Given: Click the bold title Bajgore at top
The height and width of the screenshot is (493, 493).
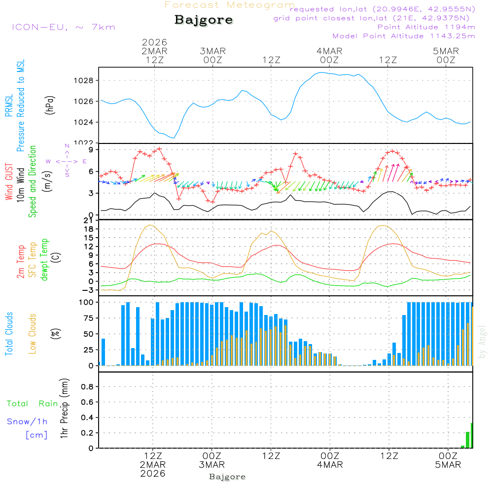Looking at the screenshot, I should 204,20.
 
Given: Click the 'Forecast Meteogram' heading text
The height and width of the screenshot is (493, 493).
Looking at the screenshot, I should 230,5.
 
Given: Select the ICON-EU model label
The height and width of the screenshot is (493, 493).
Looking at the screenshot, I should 63,27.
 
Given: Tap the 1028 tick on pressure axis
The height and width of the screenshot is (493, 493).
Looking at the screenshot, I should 85,80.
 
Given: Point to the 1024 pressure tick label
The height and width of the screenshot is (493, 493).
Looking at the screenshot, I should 85,122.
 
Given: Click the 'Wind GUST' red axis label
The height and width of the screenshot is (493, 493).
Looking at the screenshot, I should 9,183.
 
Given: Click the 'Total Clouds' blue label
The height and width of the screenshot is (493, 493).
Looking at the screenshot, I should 9,334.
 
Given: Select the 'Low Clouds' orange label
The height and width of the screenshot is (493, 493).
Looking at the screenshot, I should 33,334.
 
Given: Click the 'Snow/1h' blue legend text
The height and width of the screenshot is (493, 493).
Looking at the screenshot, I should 28,422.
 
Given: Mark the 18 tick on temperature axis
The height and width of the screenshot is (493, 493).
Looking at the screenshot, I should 89,229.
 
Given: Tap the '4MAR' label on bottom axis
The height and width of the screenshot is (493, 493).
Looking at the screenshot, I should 330,465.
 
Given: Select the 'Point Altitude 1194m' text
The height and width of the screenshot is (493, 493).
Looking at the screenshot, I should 426,27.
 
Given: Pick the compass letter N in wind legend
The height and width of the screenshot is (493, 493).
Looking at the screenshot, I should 67,146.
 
